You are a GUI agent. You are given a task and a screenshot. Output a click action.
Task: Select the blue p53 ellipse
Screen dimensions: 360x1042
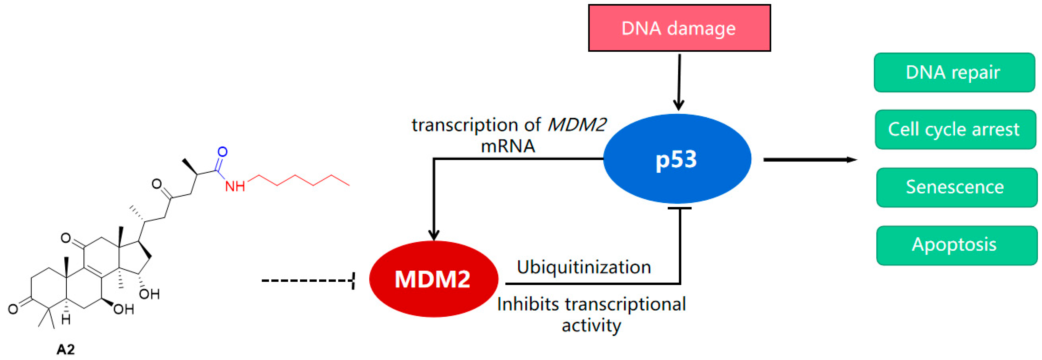[x=677, y=159]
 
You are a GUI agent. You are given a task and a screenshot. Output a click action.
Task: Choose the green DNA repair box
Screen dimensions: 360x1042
[x=954, y=72]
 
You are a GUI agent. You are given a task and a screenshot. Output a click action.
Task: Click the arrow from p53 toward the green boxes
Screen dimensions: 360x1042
[x=809, y=160]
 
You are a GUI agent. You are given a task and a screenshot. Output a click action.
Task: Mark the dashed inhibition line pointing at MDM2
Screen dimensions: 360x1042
[x=308, y=280]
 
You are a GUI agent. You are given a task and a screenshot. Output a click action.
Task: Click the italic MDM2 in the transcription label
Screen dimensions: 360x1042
[x=577, y=125]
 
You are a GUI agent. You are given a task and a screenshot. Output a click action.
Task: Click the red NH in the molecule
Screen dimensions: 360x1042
[x=235, y=186]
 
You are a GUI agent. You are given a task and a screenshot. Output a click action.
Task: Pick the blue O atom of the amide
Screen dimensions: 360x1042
[x=222, y=152]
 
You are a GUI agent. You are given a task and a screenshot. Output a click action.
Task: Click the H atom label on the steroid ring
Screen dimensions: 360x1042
[x=66, y=319]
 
